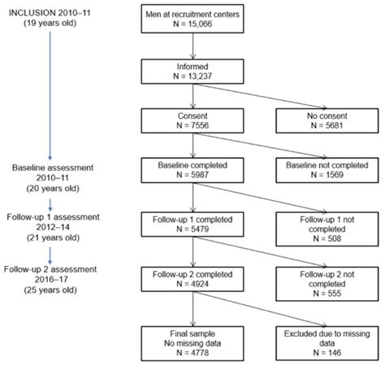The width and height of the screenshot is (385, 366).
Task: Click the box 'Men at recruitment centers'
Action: pyautogui.click(x=192, y=20)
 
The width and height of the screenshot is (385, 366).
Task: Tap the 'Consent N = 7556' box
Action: pyautogui.click(x=192, y=122)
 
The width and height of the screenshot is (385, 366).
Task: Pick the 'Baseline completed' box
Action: pyautogui.click(x=192, y=172)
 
